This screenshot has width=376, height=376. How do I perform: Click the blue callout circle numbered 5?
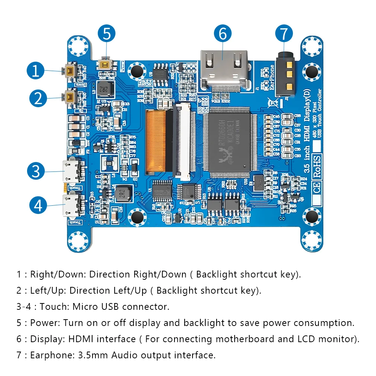pyautogui.click(x=107, y=34)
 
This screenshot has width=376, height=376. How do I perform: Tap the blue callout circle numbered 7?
pyautogui.click(x=284, y=34)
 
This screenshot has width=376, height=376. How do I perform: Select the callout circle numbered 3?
pyautogui.click(x=36, y=171)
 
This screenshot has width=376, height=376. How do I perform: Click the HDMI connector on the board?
pyautogui.click(x=224, y=70)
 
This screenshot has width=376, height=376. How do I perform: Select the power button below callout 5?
pyautogui.click(x=105, y=64)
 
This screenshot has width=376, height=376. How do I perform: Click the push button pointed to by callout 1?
pyautogui.click(x=70, y=71)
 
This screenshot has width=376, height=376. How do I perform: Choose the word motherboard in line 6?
pyautogui.click(x=243, y=339)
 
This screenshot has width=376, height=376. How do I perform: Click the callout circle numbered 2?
pyautogui.click(x=38, y=98)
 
